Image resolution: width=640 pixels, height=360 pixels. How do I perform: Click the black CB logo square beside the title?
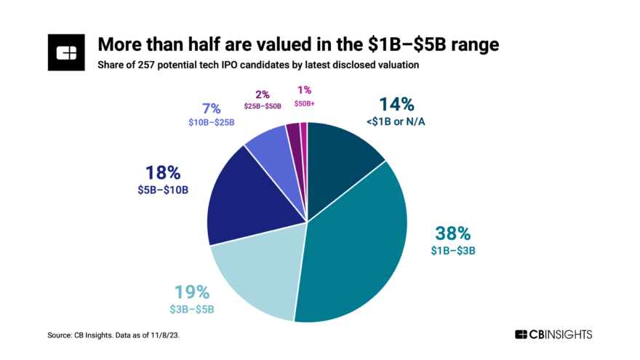(67, 52)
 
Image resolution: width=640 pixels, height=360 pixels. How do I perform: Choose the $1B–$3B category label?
(454, 251)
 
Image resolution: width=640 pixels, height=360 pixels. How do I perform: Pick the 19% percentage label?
(191, 292)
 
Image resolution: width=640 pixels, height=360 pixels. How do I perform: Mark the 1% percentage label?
(304, 90)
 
